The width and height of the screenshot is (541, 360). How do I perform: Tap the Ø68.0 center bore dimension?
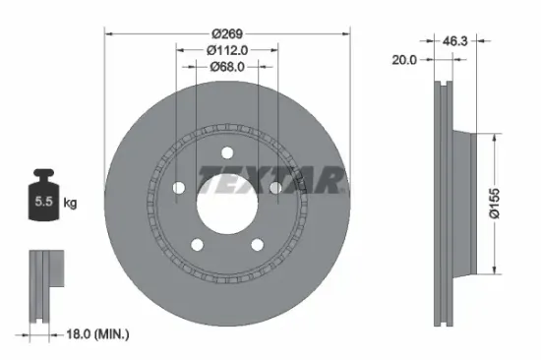[226, 67]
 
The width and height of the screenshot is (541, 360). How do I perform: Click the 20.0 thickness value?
[405, 59]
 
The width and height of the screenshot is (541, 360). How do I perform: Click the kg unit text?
[70, 203]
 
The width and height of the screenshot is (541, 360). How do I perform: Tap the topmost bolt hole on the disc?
[226, 151]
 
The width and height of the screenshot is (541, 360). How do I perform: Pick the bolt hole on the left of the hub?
[179, 188]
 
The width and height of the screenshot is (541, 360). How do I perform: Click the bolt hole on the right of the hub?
[274, 188]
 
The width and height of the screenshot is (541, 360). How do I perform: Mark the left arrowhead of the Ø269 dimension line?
[107, 32]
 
